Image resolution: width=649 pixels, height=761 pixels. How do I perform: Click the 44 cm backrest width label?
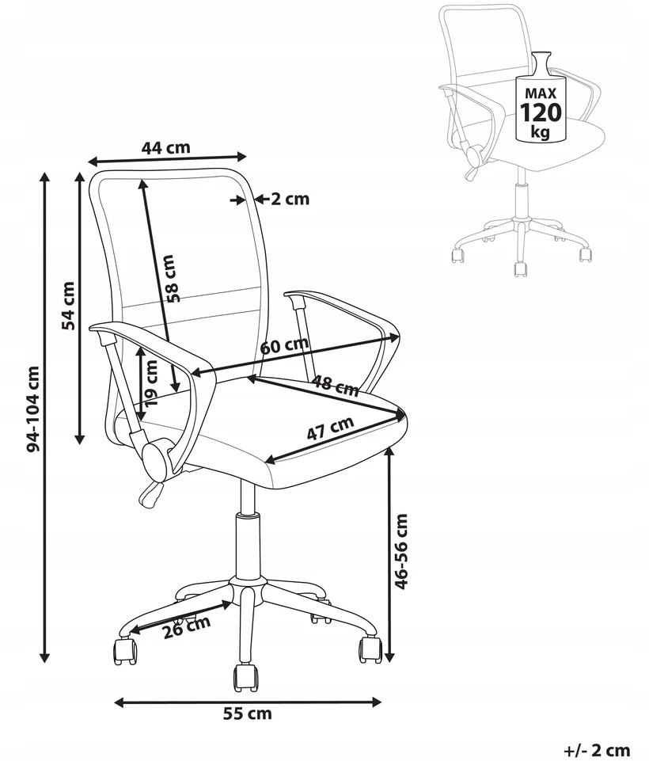(x=166, y=147)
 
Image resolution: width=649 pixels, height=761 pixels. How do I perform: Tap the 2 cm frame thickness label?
(x=290, y=199)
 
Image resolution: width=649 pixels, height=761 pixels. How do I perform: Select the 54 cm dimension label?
(x=69, y=306)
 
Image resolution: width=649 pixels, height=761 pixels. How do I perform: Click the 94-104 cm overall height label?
(x=33, y=409)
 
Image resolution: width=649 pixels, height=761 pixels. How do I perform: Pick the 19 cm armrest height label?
(x=151, y=383)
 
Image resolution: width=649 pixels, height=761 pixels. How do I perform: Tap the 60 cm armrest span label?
(x=284, y=344)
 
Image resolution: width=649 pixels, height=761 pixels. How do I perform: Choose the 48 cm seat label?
(x=335, y=386)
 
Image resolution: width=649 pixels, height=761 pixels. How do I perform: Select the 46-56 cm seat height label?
(x=401, y=551)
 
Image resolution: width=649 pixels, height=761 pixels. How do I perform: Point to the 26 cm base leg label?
(x=187, y=627)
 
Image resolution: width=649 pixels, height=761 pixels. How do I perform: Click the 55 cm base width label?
(x=248, y=714)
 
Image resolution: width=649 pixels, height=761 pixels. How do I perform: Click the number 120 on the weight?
(x=541, y=112)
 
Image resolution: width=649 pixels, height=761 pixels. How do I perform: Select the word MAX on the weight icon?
(x=541, y=93)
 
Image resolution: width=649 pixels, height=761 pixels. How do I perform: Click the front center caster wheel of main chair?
(x=247, y=678)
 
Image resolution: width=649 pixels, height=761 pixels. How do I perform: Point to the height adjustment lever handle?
(x=151, y=494)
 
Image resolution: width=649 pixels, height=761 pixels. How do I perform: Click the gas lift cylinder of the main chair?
(x=248, y=545)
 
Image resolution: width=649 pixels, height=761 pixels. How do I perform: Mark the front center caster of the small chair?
(x=521, y=269)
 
